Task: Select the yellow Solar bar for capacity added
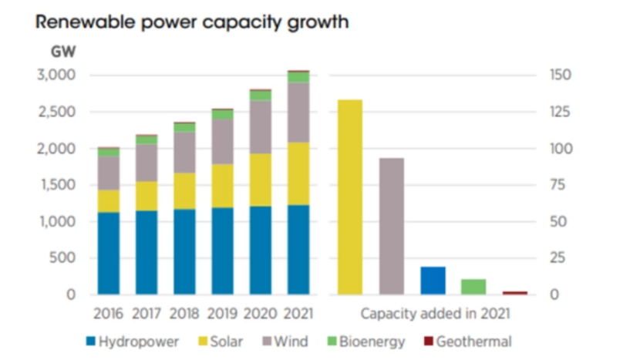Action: pos(349,197)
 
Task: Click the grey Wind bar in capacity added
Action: pos(391,226)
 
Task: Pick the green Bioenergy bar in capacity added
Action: pos(473,287)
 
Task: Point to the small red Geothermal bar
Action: pos(514,293)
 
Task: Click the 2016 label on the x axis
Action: pos(109,315)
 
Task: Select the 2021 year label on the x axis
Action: pos(298,315)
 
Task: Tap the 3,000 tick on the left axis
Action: pos(55,76)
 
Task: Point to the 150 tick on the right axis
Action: pos(561,76)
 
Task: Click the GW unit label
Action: pos(60,52)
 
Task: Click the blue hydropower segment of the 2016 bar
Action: pos(109,253)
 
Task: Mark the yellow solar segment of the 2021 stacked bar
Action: pos(298,173)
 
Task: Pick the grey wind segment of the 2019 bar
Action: pos(222,142)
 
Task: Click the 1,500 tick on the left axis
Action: pos(55,185)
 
